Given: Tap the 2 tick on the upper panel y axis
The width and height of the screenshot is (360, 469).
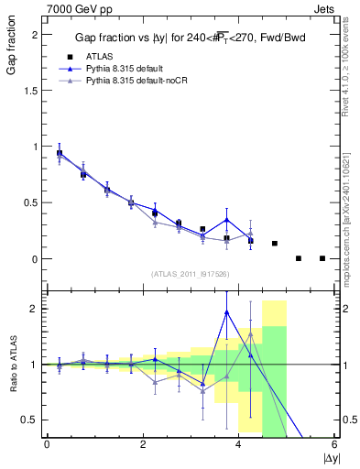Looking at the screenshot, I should (x=37, y=34).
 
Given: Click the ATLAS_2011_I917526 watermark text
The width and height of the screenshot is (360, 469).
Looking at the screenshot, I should (x=191, y=274).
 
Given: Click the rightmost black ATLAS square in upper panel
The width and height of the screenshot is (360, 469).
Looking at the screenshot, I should (x=322, y=258).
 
